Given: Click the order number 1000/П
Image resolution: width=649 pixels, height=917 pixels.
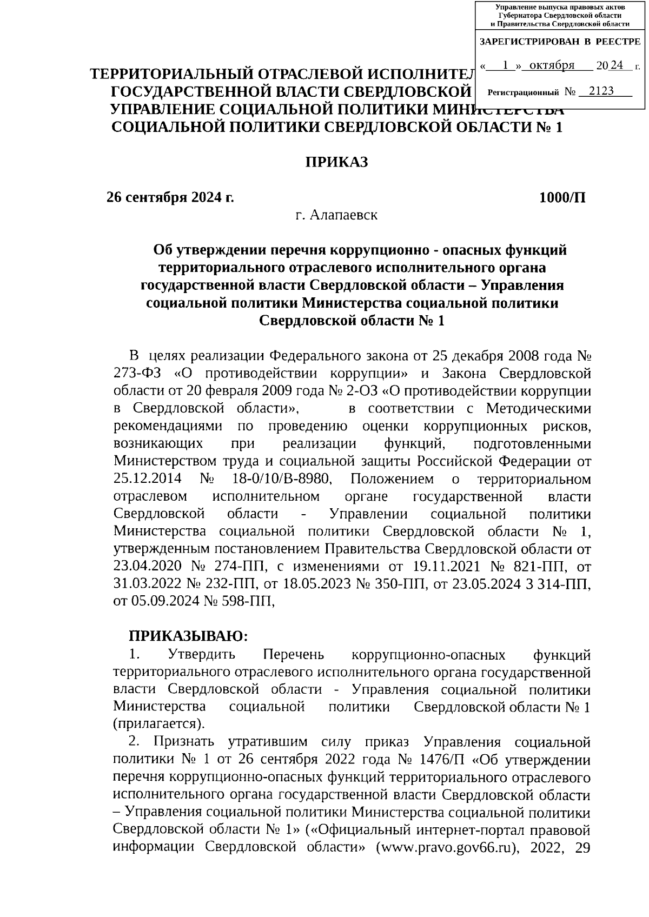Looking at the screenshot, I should point(562,197).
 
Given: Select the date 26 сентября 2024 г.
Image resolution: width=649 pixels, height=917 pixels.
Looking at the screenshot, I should point(170,197).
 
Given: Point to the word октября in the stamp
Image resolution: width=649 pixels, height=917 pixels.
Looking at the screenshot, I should point(552,65).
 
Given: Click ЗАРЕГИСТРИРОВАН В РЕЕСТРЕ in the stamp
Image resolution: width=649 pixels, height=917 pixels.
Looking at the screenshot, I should point(560,42).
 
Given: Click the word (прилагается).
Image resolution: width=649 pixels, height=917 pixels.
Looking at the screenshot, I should point(159,723).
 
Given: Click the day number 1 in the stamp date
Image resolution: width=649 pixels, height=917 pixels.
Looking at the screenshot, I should point(505,65).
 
